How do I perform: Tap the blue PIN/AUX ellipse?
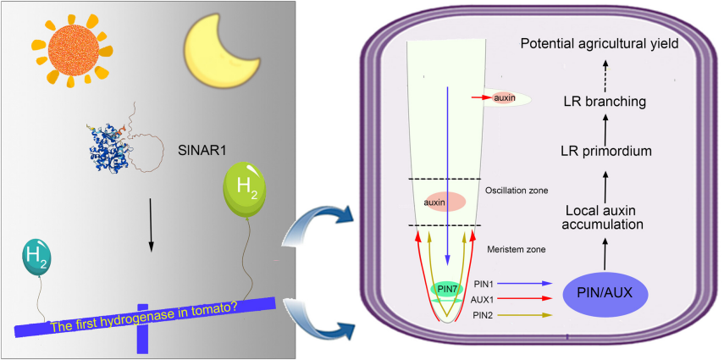click(x=607, y=294)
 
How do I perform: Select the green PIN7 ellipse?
click(x=446, y=289)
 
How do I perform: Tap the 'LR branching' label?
click(x=605, y=102)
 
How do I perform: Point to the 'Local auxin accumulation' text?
click(x=605, y=217)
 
